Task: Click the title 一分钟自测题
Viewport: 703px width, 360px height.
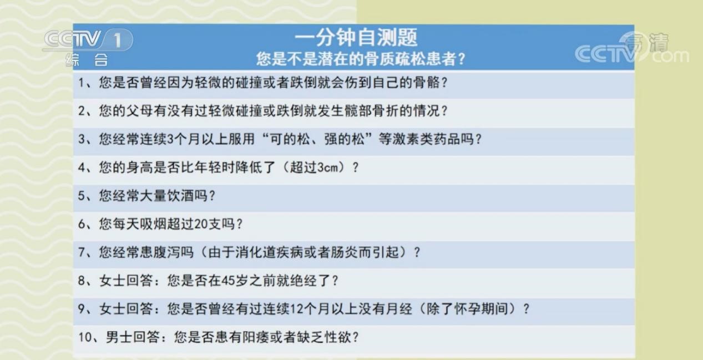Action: [x=356, y=38]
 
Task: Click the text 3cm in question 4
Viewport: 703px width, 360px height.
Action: [x=328, y=168]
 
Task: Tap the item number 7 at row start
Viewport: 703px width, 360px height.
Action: [x=81, y=252]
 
